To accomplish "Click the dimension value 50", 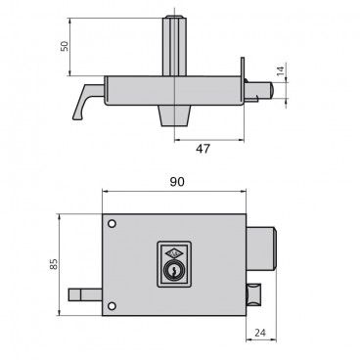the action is [65, 46].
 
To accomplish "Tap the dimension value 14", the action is [281, 70].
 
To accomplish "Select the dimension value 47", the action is [202, 149].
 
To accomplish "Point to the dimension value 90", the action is [177, 182].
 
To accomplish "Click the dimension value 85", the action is [54, 264].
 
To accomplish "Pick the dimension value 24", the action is [260, 333].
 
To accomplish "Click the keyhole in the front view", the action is [174, 270].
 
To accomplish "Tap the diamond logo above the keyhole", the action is [174, 252].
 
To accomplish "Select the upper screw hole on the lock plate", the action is [112, 224].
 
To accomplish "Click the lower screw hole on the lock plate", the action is [112, 306].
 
